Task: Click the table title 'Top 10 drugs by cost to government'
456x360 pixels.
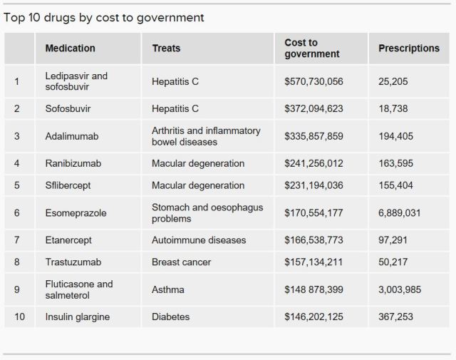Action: (104, 18)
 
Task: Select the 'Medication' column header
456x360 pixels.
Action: (70, 48)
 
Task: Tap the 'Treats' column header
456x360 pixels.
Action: (166, 48)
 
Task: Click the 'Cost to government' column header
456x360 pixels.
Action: (312, 48)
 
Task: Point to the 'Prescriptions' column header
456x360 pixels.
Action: (409, 48)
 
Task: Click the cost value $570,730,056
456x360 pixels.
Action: (313, 82)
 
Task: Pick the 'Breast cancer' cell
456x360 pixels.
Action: (181, 262)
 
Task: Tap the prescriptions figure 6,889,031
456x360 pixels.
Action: (404, 213)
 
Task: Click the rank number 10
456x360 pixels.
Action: (19, 317)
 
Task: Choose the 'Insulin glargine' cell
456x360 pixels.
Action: (77, 317)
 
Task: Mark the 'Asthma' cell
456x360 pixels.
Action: (167, 290)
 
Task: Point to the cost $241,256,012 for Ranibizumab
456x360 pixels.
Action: (313, 164)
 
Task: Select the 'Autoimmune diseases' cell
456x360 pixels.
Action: (199, 241)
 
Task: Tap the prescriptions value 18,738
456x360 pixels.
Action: (393, 109)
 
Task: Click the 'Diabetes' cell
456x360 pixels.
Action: (171, 317)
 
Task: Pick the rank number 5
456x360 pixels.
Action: (17, 186)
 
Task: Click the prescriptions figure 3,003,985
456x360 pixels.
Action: (404, 290)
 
